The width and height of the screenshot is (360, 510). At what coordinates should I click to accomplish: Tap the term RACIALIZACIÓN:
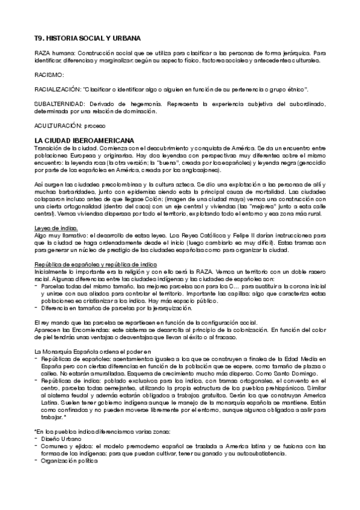(x=57, y=89)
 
